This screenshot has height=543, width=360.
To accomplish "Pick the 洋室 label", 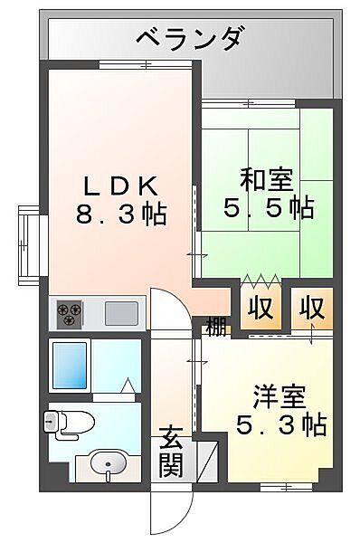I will coord(279,395).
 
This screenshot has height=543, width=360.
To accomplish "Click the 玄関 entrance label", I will coord(172,452).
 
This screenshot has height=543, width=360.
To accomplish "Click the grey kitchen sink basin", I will coord(121,313).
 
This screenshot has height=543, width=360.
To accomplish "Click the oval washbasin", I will coord(109,466).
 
